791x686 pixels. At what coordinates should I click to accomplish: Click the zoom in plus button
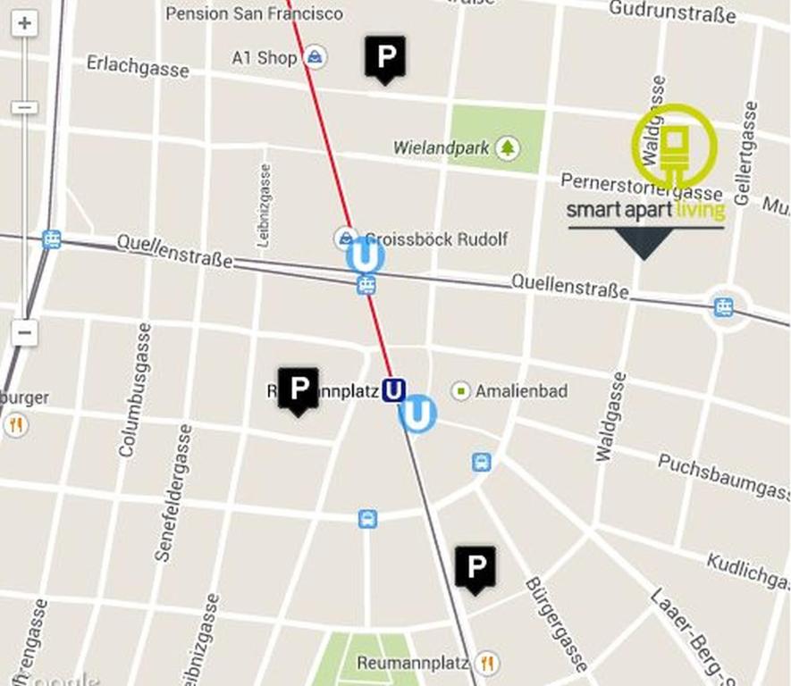point(25,24)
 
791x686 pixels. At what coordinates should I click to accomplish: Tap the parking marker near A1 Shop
point(385,58)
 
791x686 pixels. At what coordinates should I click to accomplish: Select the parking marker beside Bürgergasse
point(475,568)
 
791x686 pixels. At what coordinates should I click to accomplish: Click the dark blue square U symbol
point(393,389)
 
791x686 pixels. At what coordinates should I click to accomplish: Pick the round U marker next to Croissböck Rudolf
point(366,255)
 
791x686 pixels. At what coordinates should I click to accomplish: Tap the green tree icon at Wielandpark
point(508,147)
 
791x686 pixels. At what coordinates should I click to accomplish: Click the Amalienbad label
point(521,391)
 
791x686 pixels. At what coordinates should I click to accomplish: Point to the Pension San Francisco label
point(254,13)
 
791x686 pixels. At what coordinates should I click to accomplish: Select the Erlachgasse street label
point(138,65)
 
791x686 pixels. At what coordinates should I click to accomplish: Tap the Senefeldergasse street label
point(173,492)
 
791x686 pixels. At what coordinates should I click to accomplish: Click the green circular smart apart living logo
point(675,146)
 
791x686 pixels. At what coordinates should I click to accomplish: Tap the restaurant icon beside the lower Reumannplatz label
point(487,663)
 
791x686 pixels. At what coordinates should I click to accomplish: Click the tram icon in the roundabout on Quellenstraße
point(724,308)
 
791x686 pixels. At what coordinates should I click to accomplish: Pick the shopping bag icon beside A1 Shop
point(314,58)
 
